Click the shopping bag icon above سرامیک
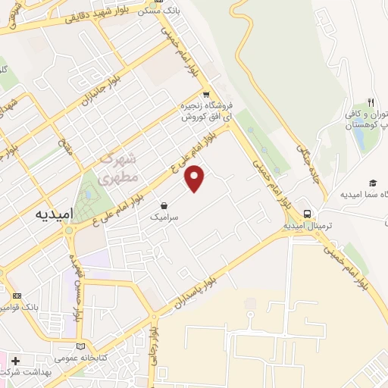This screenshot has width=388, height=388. tap(164, 204)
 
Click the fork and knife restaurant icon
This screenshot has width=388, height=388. tap(371, 102)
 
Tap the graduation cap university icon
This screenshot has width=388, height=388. tap(373, 183)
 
